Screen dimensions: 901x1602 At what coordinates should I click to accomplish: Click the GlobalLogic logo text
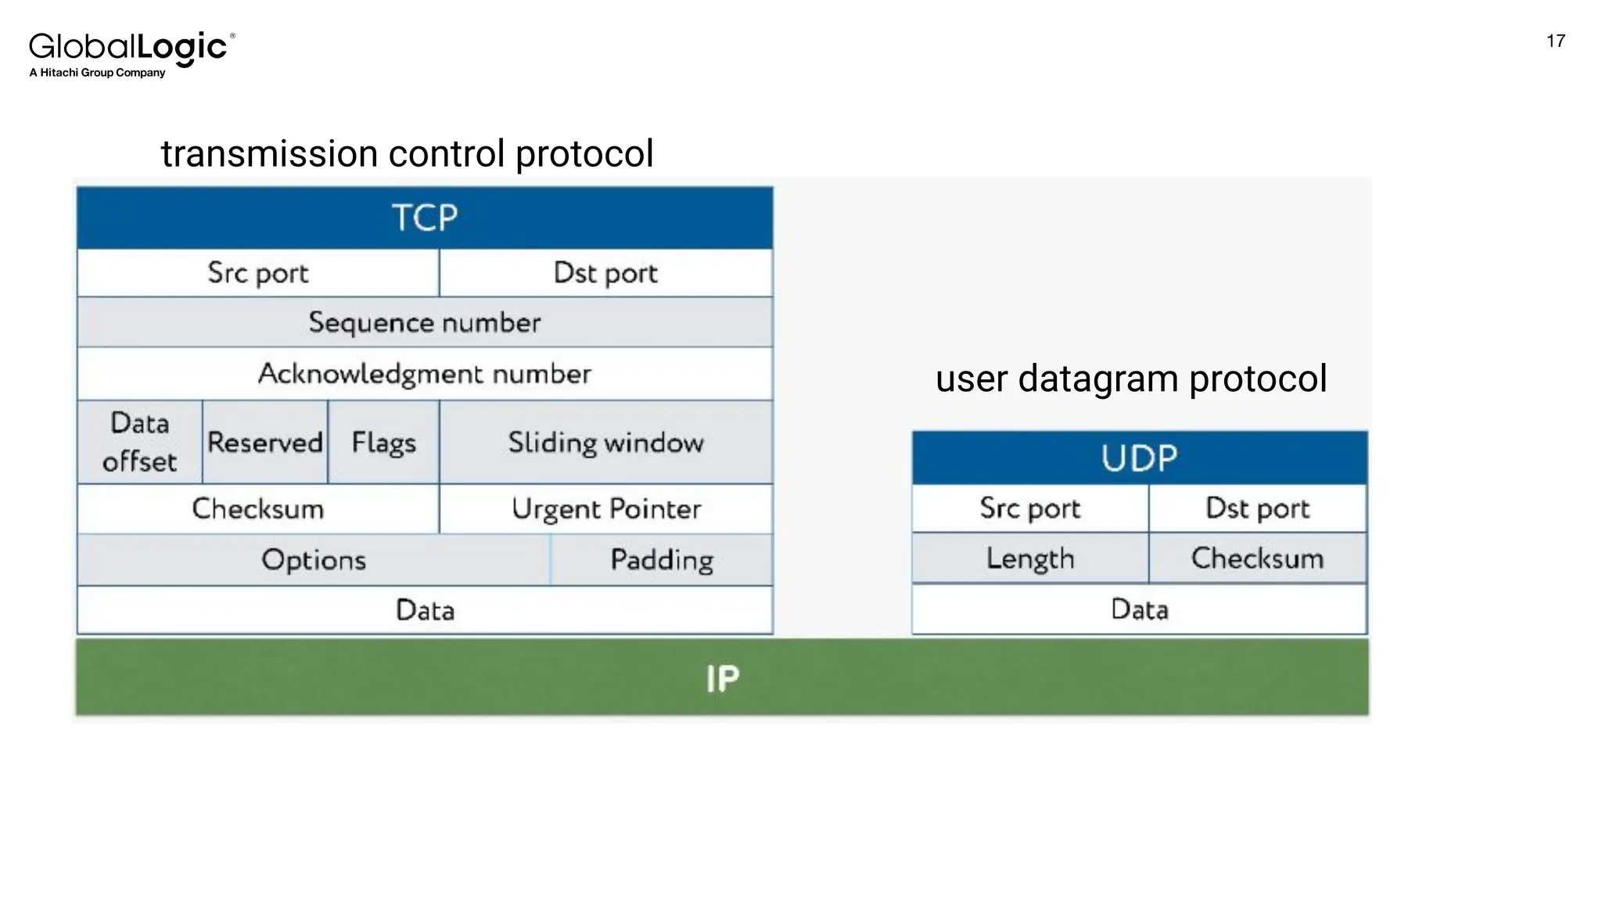pos(129,47)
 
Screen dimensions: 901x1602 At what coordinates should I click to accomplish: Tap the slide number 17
pos(1555,41)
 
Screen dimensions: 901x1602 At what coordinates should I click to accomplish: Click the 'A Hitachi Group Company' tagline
pos(97,73)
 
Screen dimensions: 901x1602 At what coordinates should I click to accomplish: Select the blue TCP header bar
pos(425,217)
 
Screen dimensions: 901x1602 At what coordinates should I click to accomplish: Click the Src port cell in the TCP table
pos(258,273)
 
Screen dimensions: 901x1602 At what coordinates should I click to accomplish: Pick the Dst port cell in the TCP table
pos(605,273)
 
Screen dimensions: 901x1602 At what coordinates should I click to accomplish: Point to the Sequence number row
pos(425,322)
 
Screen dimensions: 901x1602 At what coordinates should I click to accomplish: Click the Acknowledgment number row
pos(425,374)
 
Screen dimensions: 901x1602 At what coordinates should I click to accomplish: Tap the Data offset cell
pos(140,442)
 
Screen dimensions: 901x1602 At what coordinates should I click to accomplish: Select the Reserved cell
pos(265,443)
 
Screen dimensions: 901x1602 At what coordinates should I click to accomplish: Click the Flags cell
pos(383,443)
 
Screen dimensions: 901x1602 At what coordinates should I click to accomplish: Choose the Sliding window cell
pos(605,443)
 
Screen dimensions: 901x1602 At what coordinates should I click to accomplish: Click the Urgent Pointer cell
pos(605,509)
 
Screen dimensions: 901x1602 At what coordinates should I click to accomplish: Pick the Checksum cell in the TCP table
pos(258,509)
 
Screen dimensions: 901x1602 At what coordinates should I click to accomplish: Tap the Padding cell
pos(662,560)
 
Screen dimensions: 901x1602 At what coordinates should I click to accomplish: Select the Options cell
pos(314,560)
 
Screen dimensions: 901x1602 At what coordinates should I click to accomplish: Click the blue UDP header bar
pos(1139,458)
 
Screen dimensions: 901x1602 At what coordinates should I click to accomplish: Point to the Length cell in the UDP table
pos(1030,558)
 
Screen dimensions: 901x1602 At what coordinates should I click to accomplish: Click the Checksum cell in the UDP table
pos(1257,558)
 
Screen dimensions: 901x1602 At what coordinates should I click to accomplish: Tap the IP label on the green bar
pos(722,678)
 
